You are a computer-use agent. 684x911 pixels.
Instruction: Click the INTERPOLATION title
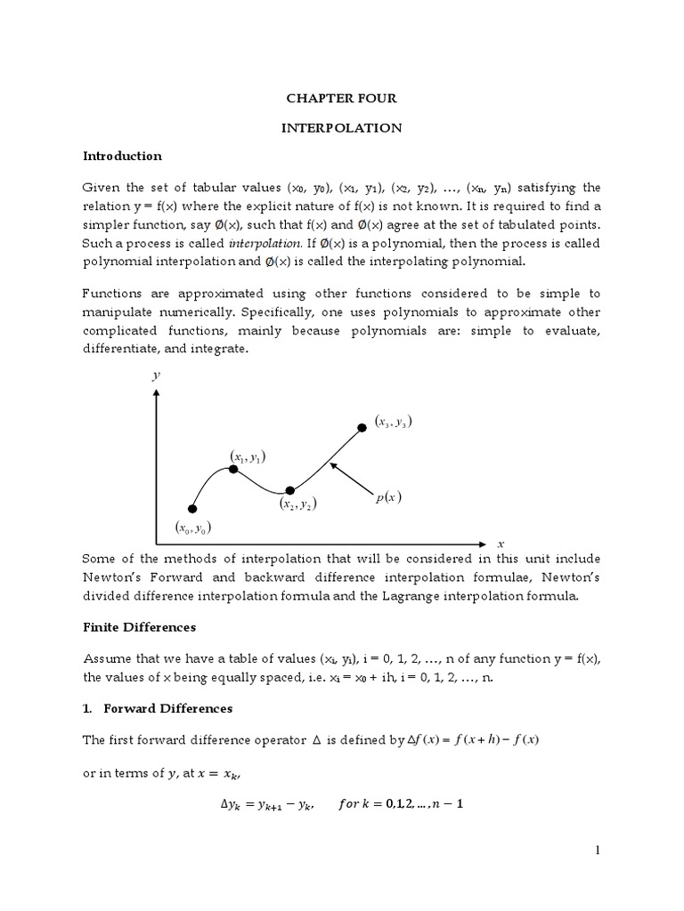click(341, 128)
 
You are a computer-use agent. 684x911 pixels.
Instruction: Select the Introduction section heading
click(122, 156)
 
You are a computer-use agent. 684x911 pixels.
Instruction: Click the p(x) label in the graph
click(387, 498)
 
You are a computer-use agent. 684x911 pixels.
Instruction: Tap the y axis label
click(156, 376)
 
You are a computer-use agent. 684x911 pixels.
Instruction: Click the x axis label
click(501, 543)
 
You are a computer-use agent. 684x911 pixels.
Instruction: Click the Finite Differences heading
click(139, 627)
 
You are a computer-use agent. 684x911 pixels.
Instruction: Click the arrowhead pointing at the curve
click(332, 464)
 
